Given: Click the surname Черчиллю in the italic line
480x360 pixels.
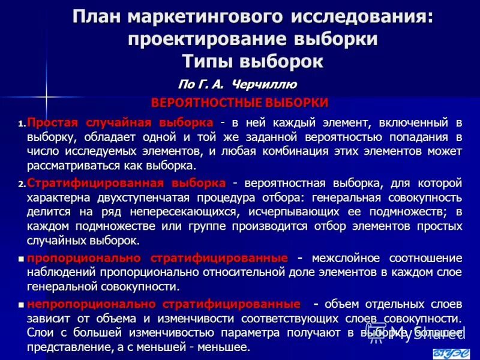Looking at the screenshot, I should click(265, 84).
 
